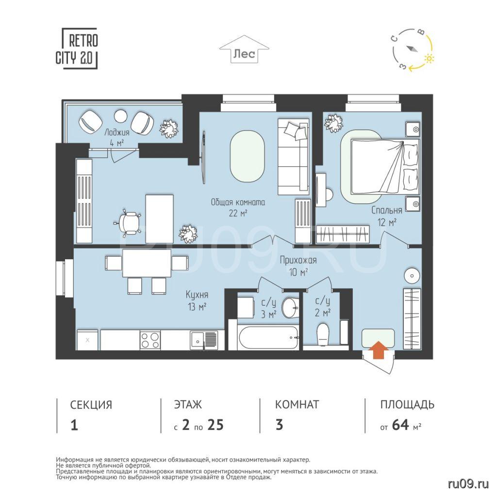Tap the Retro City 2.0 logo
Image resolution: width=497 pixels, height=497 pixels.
tap(77, 49)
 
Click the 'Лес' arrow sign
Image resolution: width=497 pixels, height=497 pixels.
tap(244, 49)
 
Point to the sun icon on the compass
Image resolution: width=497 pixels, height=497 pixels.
tap(429, 58)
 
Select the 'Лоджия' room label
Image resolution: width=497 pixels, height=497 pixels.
tap(117, 133)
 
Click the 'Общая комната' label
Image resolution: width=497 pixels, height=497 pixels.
tap(238, 202)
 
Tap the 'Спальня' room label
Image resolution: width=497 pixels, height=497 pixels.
tap(387, 210)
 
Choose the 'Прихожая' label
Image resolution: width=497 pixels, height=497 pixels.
tap(298, 260)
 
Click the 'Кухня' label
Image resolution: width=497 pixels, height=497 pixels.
tap(197, 295)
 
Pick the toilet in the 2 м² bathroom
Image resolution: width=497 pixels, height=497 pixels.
tap(323, 334)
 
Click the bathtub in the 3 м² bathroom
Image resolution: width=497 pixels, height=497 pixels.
tap(269, 338)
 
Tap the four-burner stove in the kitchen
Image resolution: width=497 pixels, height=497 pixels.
tap(150, 340)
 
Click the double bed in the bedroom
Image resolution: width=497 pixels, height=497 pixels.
tap(385, 167)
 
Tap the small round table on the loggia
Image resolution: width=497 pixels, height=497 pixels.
tap(120, 116)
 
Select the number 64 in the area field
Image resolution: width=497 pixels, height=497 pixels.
tap(400, 425)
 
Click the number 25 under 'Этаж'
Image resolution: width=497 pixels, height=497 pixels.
tap(215, 425)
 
